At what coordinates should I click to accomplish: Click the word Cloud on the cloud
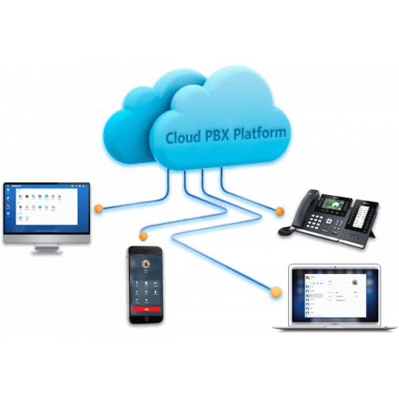click(x=183, y=137)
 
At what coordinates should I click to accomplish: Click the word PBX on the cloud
click(x=217, y=135)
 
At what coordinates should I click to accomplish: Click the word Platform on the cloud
click(x=259, y=133)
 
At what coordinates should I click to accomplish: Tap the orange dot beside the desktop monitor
click(x=99, y=208)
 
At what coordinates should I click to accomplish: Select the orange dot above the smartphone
click(x=143, y=236)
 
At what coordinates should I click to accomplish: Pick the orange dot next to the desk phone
click(x=279, y=212)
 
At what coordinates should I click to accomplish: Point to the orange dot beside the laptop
click(x=276, y=292)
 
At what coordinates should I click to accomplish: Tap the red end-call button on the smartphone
click(x=147, y=309)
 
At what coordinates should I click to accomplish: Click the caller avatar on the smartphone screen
click(x=146, y=264)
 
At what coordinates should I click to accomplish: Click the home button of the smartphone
click(x=147, y=318)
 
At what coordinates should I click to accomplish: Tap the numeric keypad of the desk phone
click(x=314, y=222)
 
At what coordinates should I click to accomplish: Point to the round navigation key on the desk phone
click(x=329, y=221)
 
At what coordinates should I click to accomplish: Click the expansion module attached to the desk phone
click(x=363, y=217)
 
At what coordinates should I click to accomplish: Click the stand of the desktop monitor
click(x=47, y=249)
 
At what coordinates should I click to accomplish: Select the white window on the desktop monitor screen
click(x=47, y=206)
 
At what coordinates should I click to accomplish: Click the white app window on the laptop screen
click(x=336, y=295)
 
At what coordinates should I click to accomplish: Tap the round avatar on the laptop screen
click(x=355, y=282)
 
